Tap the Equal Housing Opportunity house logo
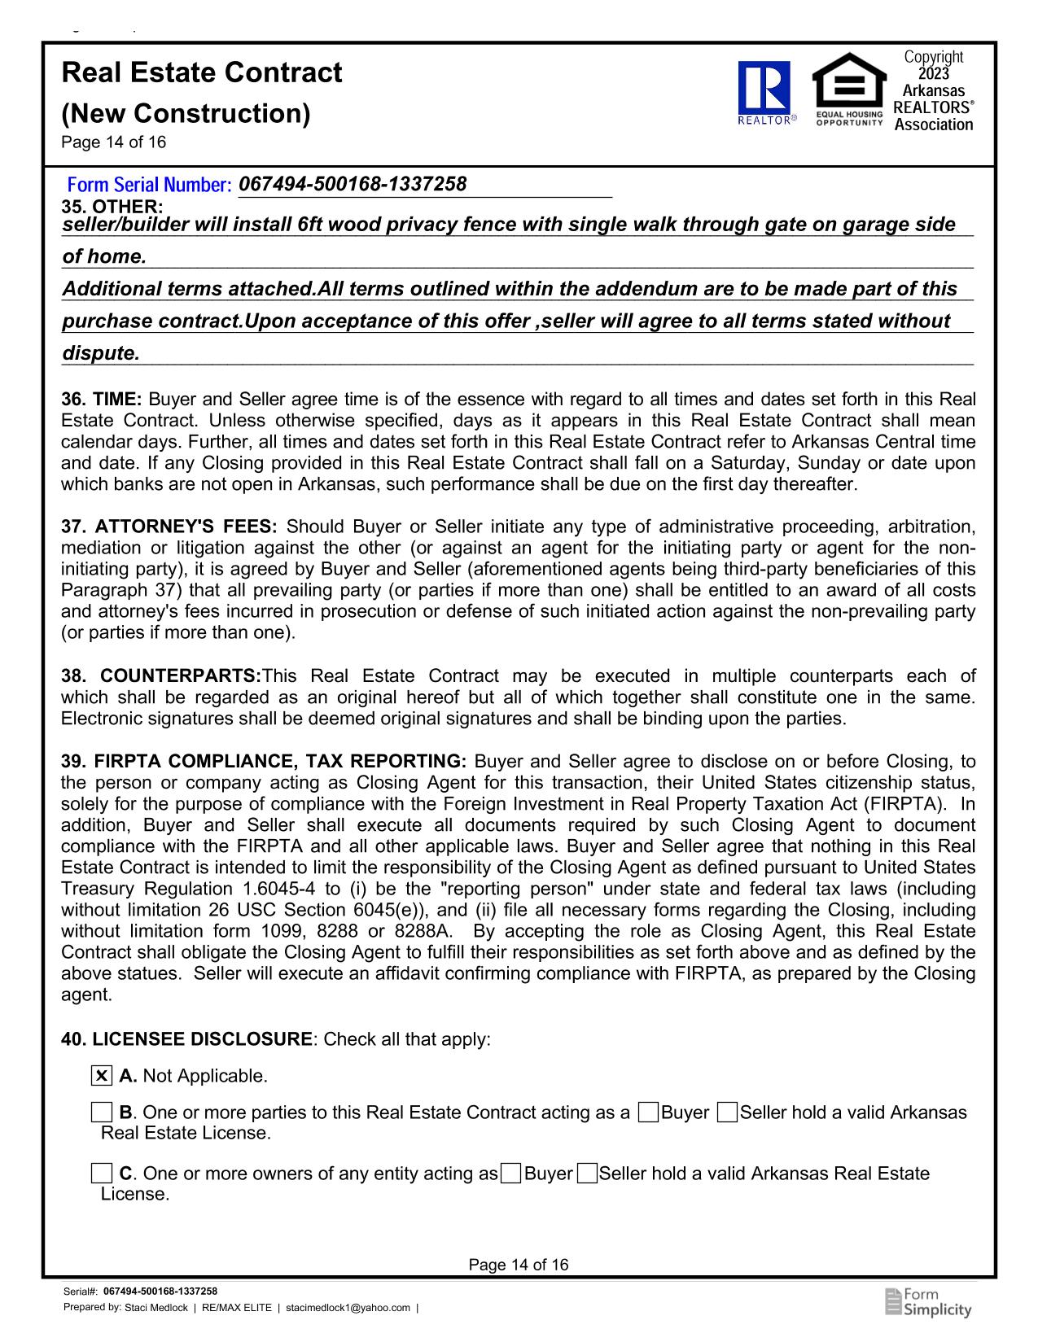[849, 85]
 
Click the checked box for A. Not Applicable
[102, 1076]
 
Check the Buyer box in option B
[649, 1112]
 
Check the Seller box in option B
[728, 1112]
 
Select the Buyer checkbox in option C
[511, 1174]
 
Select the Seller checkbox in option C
[586, 1174]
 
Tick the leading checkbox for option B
[102, 1112]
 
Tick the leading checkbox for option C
[102, 1174]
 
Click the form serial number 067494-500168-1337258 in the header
[353, 185]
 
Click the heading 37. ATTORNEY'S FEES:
[169, 527]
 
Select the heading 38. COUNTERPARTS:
[161, 676]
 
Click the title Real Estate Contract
[202, 73]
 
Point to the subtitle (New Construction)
[186, 113]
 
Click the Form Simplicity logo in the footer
[928, 1302]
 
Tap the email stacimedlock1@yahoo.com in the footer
[348, 1308]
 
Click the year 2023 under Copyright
[933, 74]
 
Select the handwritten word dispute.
[101, 354]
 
